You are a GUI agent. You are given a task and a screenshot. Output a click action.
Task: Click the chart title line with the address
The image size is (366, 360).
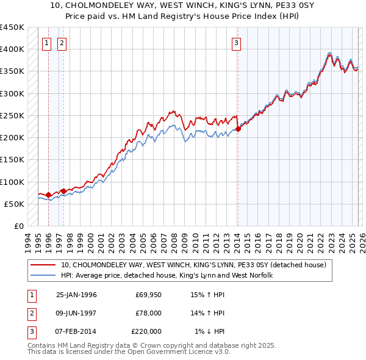[183, 6]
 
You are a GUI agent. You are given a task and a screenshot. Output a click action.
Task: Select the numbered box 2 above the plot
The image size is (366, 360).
[62, 43]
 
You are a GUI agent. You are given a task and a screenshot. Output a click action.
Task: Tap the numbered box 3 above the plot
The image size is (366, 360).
[236, 43]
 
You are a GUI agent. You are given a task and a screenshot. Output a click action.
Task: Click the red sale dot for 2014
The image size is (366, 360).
[238, 128]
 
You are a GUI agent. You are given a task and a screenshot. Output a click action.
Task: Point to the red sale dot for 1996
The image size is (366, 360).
[48, 195]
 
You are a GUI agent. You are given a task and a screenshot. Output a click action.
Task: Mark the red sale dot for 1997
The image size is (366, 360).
[63, 191]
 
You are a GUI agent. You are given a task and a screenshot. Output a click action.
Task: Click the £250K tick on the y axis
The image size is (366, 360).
[12, 115]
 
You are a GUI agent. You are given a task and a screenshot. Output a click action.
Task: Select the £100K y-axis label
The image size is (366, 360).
[12, 182]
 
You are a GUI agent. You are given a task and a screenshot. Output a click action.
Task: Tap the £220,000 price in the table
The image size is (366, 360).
[146, 331]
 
